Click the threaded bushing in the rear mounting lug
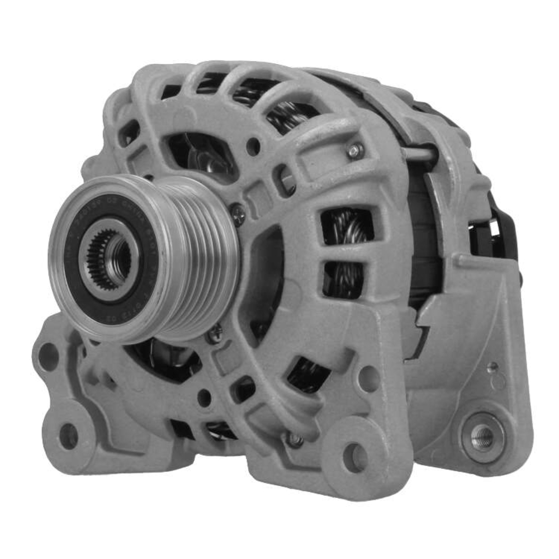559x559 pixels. click(482, 437)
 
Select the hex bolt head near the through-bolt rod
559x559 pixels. click(354, 150)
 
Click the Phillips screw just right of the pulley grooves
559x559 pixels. click(237, 214)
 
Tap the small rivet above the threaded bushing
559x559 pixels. click(492, 367)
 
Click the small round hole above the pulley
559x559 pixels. click(253, 146)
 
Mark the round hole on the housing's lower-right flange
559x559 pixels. click(368, 378)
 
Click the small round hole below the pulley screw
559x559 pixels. click(205, 397)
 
